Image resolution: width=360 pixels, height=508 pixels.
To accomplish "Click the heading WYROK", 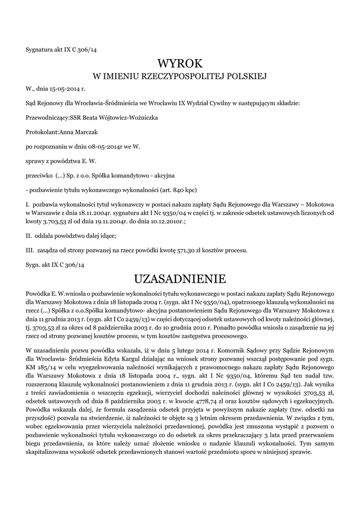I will (x=180, y=63).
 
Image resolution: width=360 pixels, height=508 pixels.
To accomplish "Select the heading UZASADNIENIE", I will (x=180, y=277).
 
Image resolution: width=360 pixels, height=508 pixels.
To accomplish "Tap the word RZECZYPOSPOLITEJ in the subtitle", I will (x=184, y=76).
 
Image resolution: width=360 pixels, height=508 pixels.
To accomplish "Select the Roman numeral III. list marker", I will (x=30, y=250).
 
